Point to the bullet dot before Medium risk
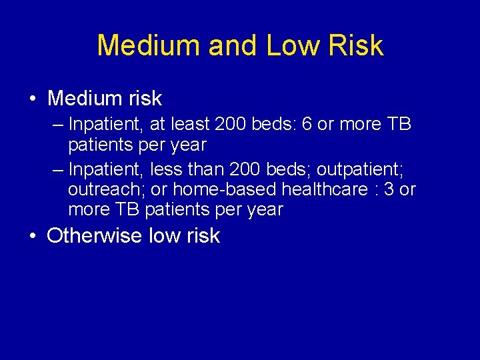coord(33,99)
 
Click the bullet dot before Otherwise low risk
coord(33,236)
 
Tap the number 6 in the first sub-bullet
coord(307,125)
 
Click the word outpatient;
coord(360,169)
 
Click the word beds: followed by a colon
coord(269,125)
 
